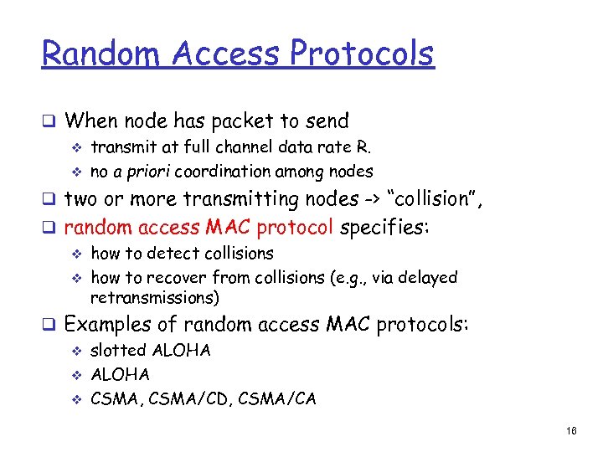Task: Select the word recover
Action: pos(180,277)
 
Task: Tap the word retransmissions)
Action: pos(155,297)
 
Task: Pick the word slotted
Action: pos(118,351)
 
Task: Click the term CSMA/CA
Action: pos(279,398)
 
